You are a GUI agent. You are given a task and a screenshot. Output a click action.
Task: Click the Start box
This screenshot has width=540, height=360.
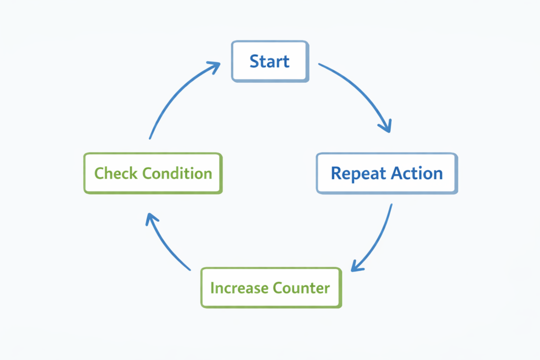269,61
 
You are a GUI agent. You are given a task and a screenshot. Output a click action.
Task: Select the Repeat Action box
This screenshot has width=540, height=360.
387,173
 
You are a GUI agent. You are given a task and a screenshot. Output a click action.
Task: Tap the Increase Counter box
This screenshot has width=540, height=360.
271,288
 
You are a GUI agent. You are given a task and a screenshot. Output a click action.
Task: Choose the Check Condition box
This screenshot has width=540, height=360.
153,173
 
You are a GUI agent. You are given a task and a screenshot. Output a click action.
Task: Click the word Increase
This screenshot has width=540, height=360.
239,288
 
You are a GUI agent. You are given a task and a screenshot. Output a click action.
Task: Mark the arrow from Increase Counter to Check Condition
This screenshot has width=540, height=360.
163,243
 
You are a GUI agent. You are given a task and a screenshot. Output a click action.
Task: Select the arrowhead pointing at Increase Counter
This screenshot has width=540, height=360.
355,267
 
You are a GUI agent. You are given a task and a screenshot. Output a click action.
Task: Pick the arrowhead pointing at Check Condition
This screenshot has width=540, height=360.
151,218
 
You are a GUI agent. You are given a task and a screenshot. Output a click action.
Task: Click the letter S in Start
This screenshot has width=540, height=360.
254,61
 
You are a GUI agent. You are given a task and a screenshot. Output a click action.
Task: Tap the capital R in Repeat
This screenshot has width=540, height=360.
336,173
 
